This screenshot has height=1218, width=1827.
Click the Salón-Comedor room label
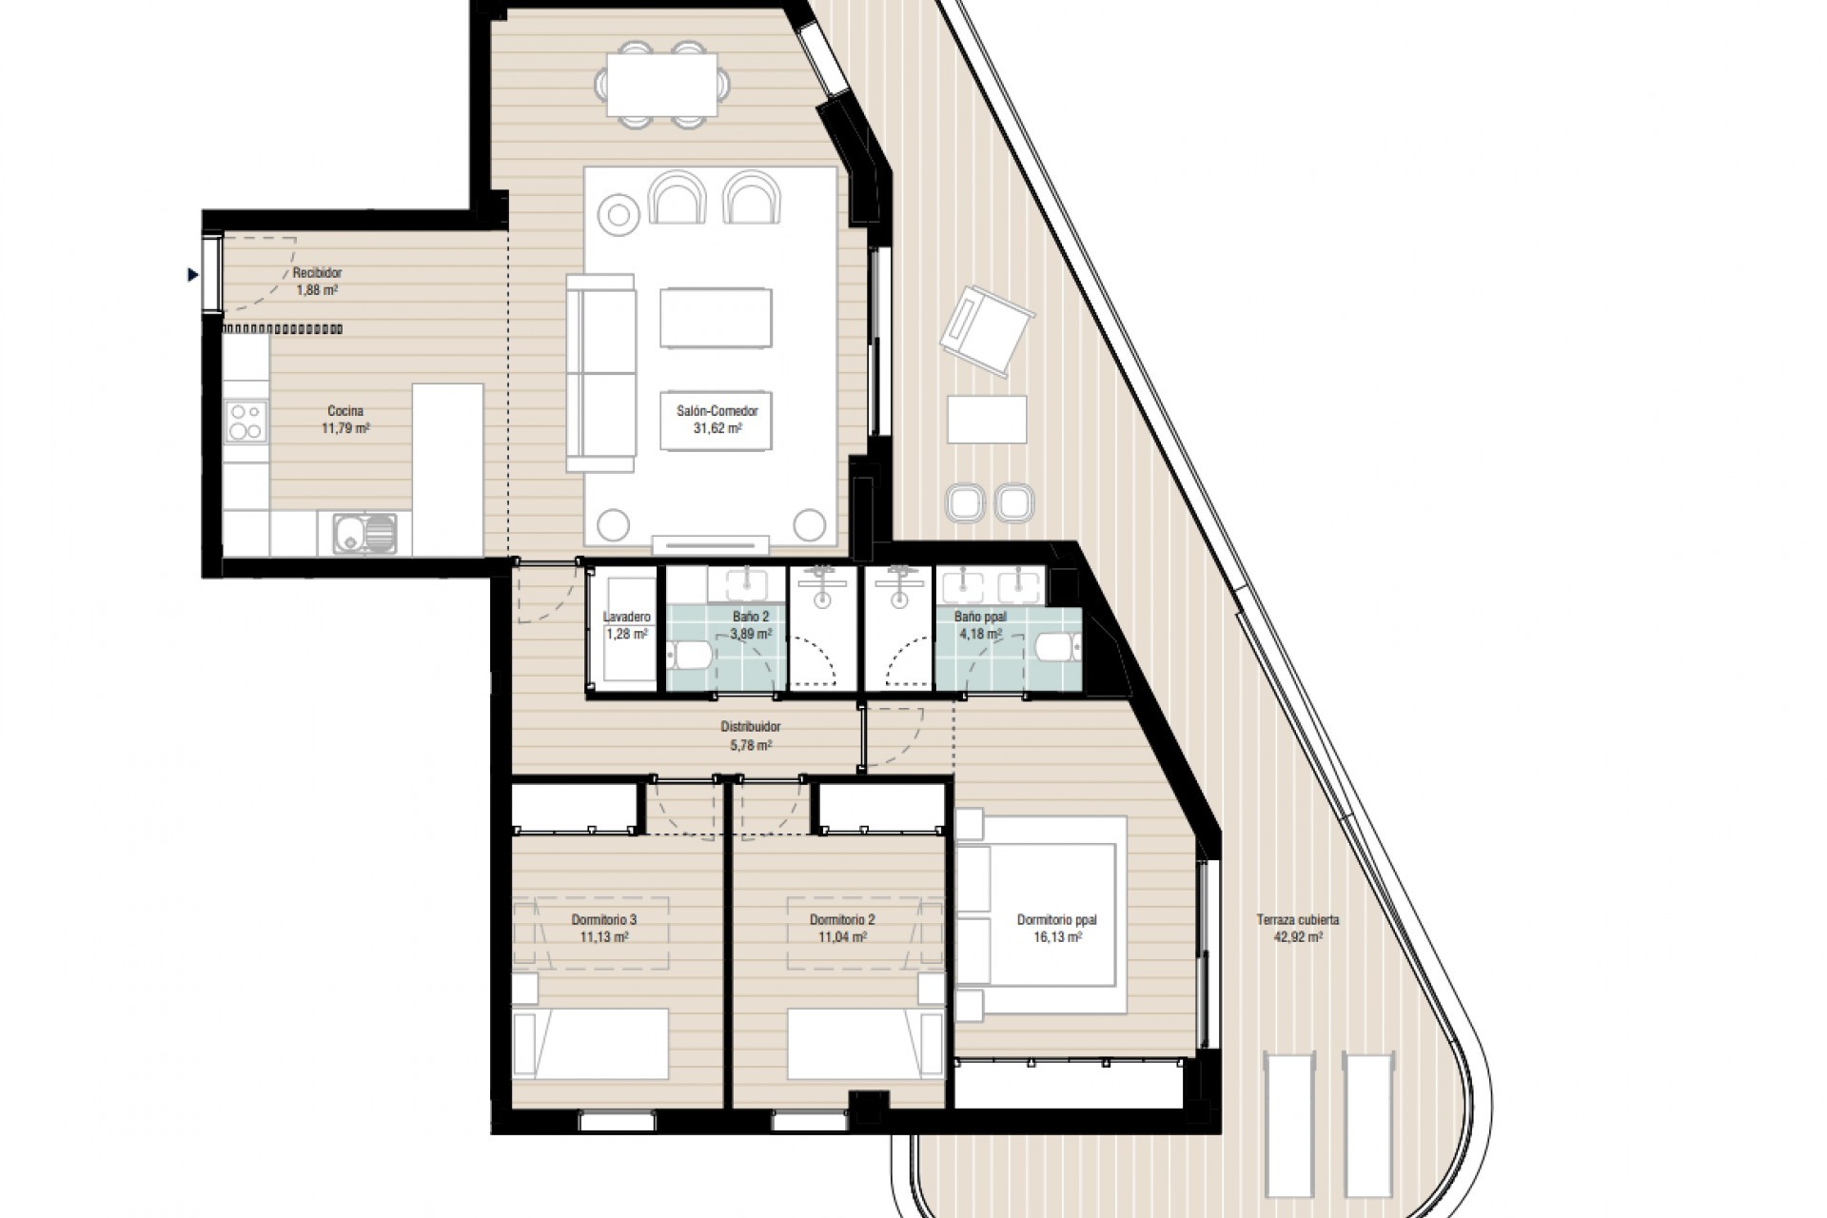[717, 411]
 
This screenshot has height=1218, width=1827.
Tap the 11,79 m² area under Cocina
[345, 429]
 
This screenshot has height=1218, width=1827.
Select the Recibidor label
[317, 273]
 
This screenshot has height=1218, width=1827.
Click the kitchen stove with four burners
[246, 422]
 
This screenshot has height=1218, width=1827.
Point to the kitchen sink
[365, 533]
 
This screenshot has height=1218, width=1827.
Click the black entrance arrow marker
[193, 276]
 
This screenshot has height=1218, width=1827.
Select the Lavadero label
[626, 617]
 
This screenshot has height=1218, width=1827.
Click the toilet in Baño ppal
[1057, 648]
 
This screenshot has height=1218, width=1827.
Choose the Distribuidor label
[750, 727]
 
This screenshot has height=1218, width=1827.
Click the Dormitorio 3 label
[603, 920]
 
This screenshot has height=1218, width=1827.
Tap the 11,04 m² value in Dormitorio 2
[842, 937]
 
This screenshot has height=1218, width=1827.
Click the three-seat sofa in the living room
[601, 372]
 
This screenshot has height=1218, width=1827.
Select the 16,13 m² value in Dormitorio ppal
[1056, 937]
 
